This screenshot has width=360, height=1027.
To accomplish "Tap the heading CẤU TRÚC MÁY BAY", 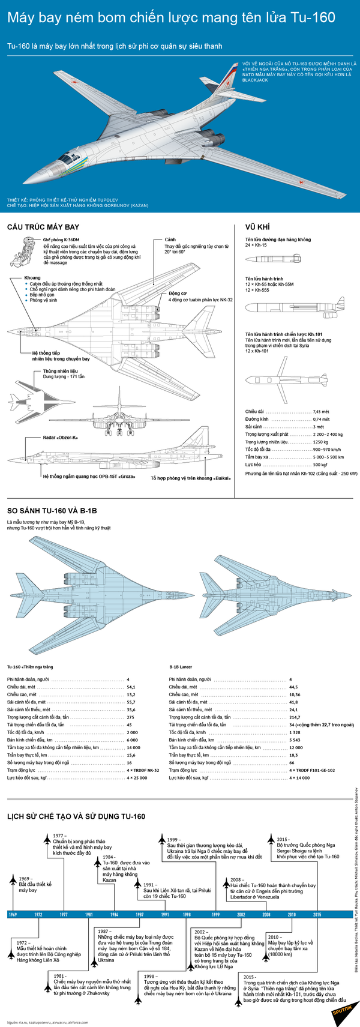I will (43, 227).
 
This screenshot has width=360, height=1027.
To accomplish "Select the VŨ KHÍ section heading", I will (257, 227).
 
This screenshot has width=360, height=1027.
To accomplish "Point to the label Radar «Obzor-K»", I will (60, 438).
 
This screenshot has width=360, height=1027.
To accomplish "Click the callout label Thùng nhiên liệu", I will (61, 372).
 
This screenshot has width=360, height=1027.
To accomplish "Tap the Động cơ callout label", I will (178, 294).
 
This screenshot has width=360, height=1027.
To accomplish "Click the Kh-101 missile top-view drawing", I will (287, 381).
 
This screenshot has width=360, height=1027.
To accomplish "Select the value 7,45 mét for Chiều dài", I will (321, 412).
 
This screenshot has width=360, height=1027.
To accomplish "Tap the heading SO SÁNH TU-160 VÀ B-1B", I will (52, 511).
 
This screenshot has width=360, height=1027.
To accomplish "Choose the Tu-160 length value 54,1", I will (131, 687).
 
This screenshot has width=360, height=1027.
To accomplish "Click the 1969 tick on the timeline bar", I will (13, 914).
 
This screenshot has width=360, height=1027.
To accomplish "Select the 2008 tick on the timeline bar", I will (266, 914).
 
